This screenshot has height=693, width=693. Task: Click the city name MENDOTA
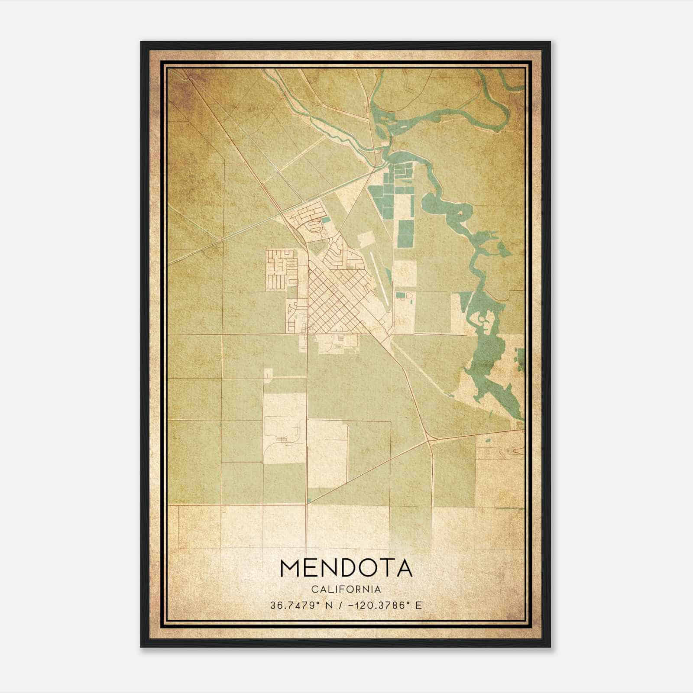pyautogui.click(x=346, y=568)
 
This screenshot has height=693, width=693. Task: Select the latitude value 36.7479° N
pyautogui.click(x=301, y=606)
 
